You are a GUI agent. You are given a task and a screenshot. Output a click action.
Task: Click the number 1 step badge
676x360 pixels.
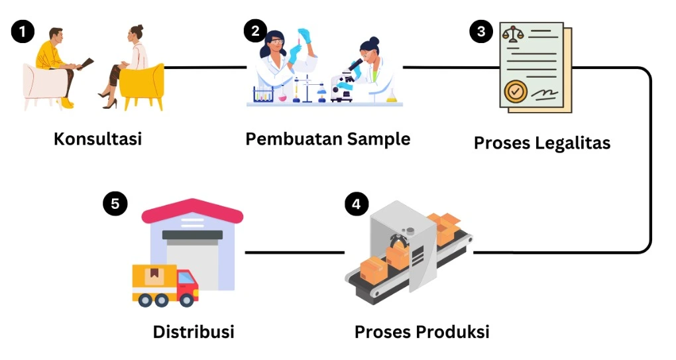click(23, 31)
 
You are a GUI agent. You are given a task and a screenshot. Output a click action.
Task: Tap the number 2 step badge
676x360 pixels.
click(255, 30)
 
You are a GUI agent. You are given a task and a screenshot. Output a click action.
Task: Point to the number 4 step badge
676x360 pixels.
click(357, 204)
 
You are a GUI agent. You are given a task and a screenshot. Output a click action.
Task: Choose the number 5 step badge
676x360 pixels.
click(115, 204)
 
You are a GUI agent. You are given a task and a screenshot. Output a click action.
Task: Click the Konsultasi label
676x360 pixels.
click(98, 139)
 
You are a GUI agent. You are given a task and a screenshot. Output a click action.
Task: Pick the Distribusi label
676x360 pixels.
click(194, 331)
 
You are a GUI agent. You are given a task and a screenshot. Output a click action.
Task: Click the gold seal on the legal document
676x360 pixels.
click(515, 91)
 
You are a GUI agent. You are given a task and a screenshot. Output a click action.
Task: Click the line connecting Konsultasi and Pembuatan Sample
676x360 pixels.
click(205, 67)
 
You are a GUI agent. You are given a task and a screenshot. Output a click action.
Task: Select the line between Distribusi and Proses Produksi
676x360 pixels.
click(294, 253)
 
